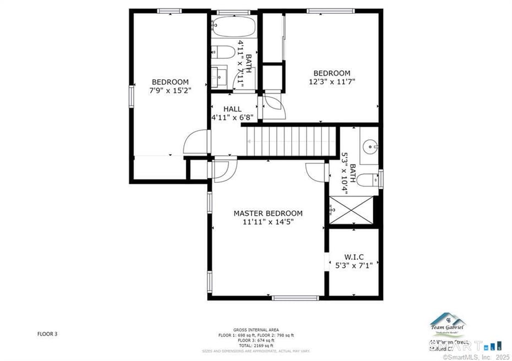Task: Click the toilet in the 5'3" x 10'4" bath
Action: pyautogui.click(x=368, y=180)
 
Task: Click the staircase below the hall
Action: pyautogui.click(x=290, y=141)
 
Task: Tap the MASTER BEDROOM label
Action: pyautogui.click(x=268, y=214)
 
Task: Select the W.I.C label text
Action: pyautogui.click(x=353, y=257)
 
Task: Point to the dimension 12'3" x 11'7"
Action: pyautogui.click(x=331, y=81)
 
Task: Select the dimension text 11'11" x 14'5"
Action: pyautogui.click(x=268, y=222)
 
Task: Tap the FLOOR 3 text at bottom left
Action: pyautogui.click(x=47, y=333)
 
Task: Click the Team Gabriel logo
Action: pyautogui.click(x=447, y=325)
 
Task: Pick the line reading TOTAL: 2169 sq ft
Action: pyautogui.click(x=255, y=345)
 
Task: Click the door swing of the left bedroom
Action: pyautogui.click(x=195, y=143)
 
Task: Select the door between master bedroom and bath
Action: pyautogui.click(x=316, y=172)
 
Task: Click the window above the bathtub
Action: pyautogui.click(x=233, y=12)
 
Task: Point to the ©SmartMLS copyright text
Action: pyautogui.click(x=476, y=357)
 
